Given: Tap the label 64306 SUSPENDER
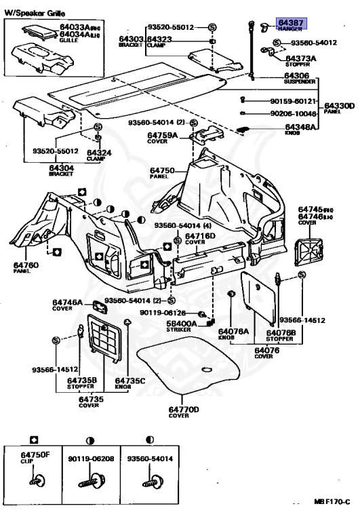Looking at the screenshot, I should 300,77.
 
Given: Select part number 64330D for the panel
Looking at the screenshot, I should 339,107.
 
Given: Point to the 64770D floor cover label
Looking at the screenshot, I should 184,412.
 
